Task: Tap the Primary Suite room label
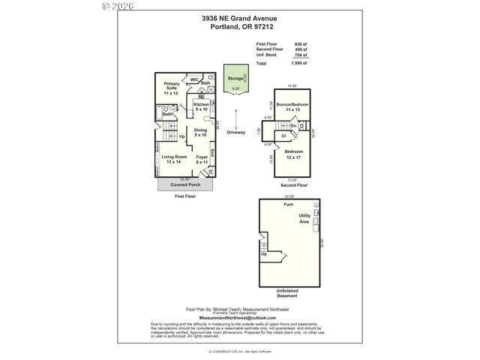[172, 88]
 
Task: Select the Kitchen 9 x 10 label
[201, 106]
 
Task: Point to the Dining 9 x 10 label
[200, 133]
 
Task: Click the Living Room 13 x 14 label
[173, 160]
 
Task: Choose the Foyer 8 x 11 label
[202, 160]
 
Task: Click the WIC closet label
[193, 79]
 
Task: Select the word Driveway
[235, 132]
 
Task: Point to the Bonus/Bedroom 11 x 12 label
[292, 106]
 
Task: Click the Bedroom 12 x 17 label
[292, 154]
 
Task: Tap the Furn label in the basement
[288, 204]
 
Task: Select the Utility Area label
[304, 218]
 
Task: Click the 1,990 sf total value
[300, 64]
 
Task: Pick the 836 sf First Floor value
[301, 44]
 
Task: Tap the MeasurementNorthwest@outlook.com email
[239, 318]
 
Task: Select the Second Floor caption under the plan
[292, 184]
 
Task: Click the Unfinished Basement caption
[288, 294]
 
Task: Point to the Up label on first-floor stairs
[182, 136]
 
